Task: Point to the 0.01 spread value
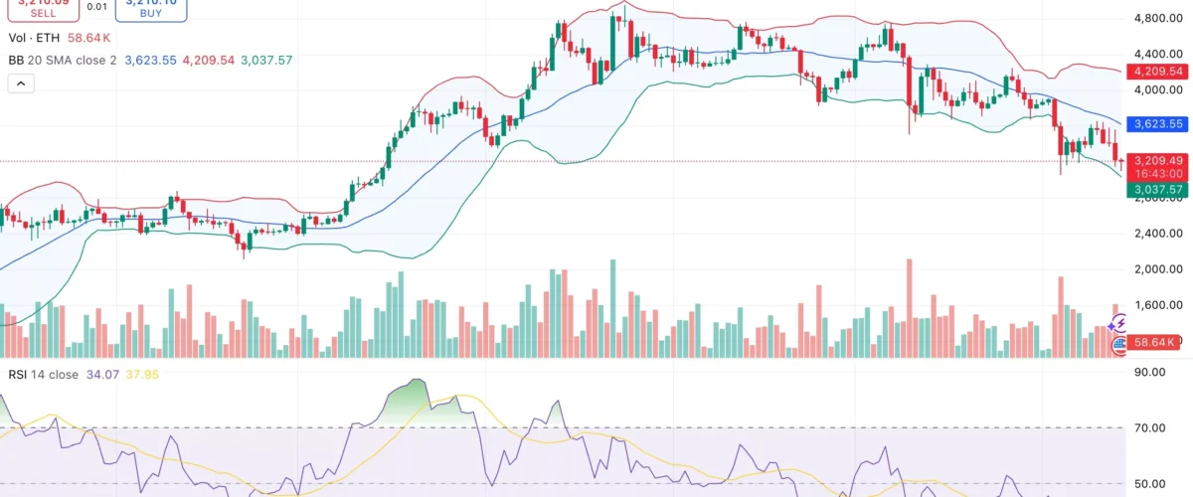click(x=97, y=6)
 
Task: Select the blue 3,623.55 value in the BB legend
click(x=149, y=61)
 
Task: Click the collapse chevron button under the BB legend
click(x=20, y=84)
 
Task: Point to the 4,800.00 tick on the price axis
click(x=1157, y=18)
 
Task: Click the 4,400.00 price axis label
click(x=1157, y=54)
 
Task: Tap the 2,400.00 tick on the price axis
click(x=1157, y=234)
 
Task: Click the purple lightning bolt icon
click(x=1118, y=323)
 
